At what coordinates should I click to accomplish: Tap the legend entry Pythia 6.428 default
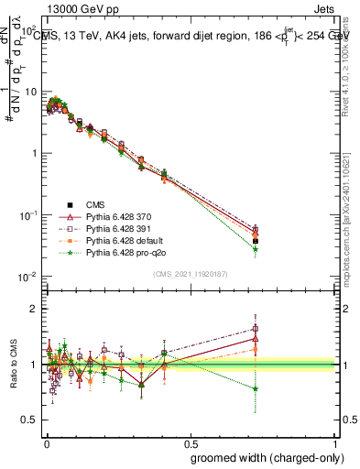pos(120,240)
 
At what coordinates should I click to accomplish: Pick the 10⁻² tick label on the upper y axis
pos(28,277)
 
